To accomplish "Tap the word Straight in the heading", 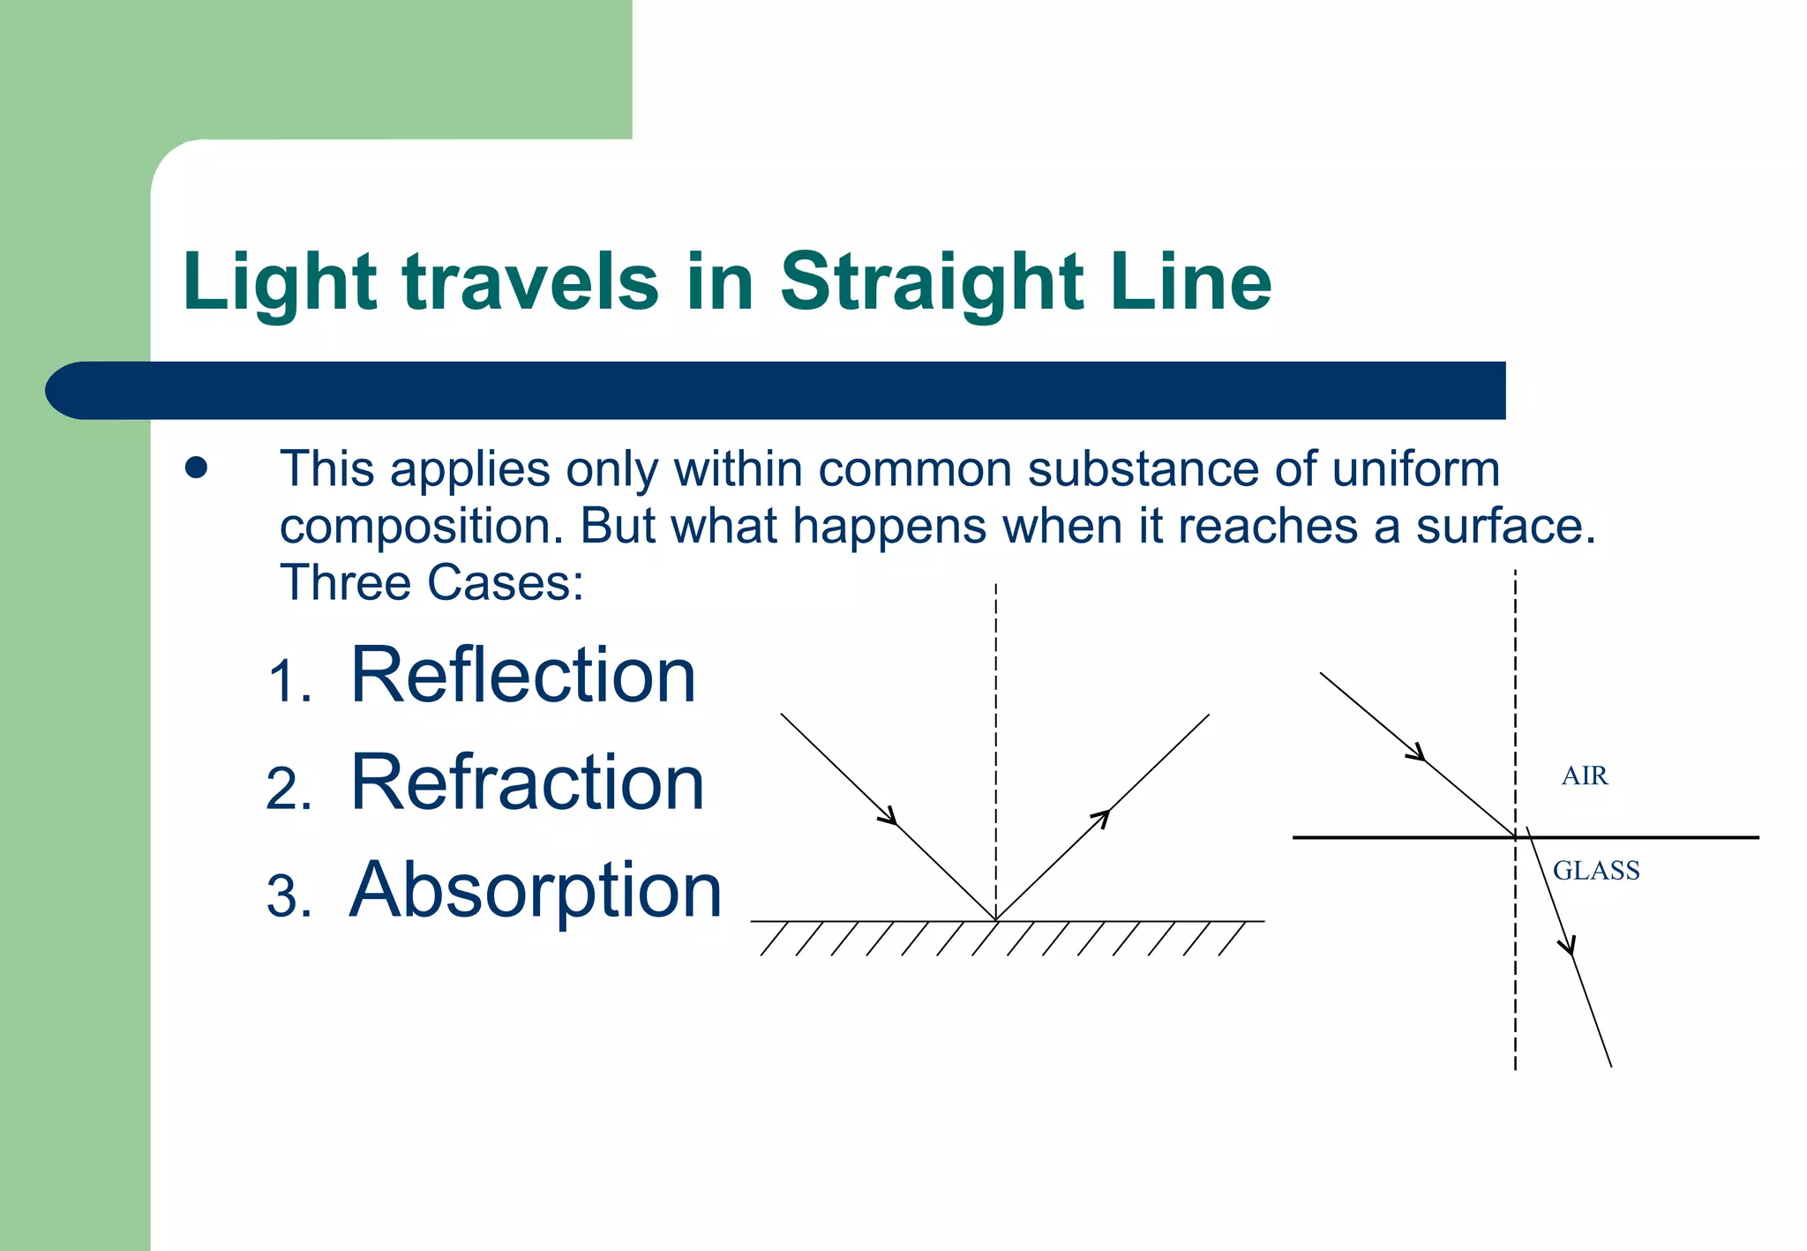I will tap(932, 282).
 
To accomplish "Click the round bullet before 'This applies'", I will tap(196, 468).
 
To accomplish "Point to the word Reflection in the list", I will tap(523, 675).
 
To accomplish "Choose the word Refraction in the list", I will tap(528, 783).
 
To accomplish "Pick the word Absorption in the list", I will tap(536, 890).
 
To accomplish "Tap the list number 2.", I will tap(289, 789).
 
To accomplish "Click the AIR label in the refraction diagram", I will tap(1585, 776).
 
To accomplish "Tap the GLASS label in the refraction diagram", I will tap(1596, 872).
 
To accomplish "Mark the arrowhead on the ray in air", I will tap(1417, 753).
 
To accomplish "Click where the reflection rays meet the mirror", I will tap(996, 920).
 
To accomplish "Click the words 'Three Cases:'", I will tap(431, 583).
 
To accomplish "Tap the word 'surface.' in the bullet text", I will tap(1506, 527).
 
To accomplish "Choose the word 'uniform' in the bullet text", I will tap(1416, 469).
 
